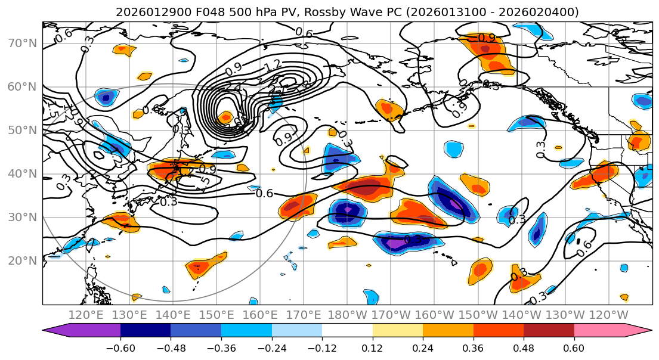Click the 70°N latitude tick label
[21, 43]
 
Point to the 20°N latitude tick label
[21, 260]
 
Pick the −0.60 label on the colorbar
[120, 347]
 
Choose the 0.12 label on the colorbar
[372, 347]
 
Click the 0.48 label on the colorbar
[524, 347]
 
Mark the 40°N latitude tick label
[21, 173]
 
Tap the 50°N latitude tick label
[21, 130]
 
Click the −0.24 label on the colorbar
[272, 347]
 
